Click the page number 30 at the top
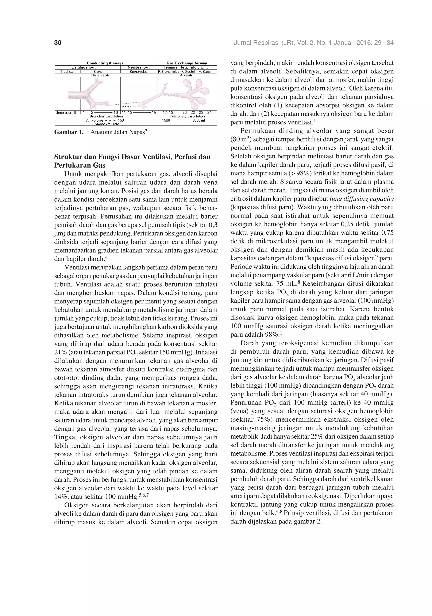[58, 43]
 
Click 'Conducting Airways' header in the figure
[105, 63]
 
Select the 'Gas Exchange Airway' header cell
[187, 63]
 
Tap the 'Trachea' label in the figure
[67, 72]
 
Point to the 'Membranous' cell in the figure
[139, 67]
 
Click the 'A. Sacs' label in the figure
[205, 72]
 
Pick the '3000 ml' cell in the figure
[198, 120]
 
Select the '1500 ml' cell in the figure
[168, 120]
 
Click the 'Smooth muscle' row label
[107, 124]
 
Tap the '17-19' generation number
[168, 112]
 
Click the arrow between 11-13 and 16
[142, 112]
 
